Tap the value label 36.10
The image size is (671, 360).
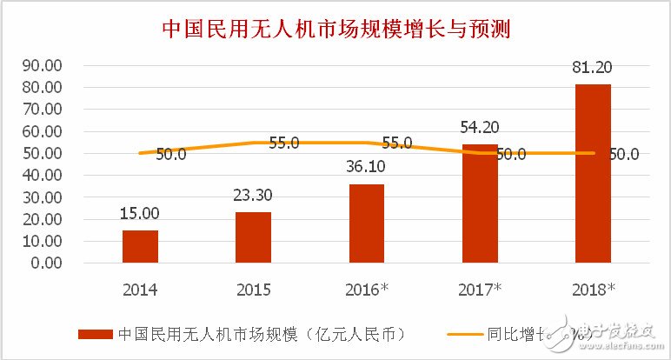(x=366, y=170)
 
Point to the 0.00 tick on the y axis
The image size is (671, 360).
(x=44, y=263)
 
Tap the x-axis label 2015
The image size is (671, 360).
(x=253, y=289)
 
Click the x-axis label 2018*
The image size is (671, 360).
(x=595, y=289)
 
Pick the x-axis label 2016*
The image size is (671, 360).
(x=369, y=289)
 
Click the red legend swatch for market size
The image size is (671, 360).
(x=96, y=333)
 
